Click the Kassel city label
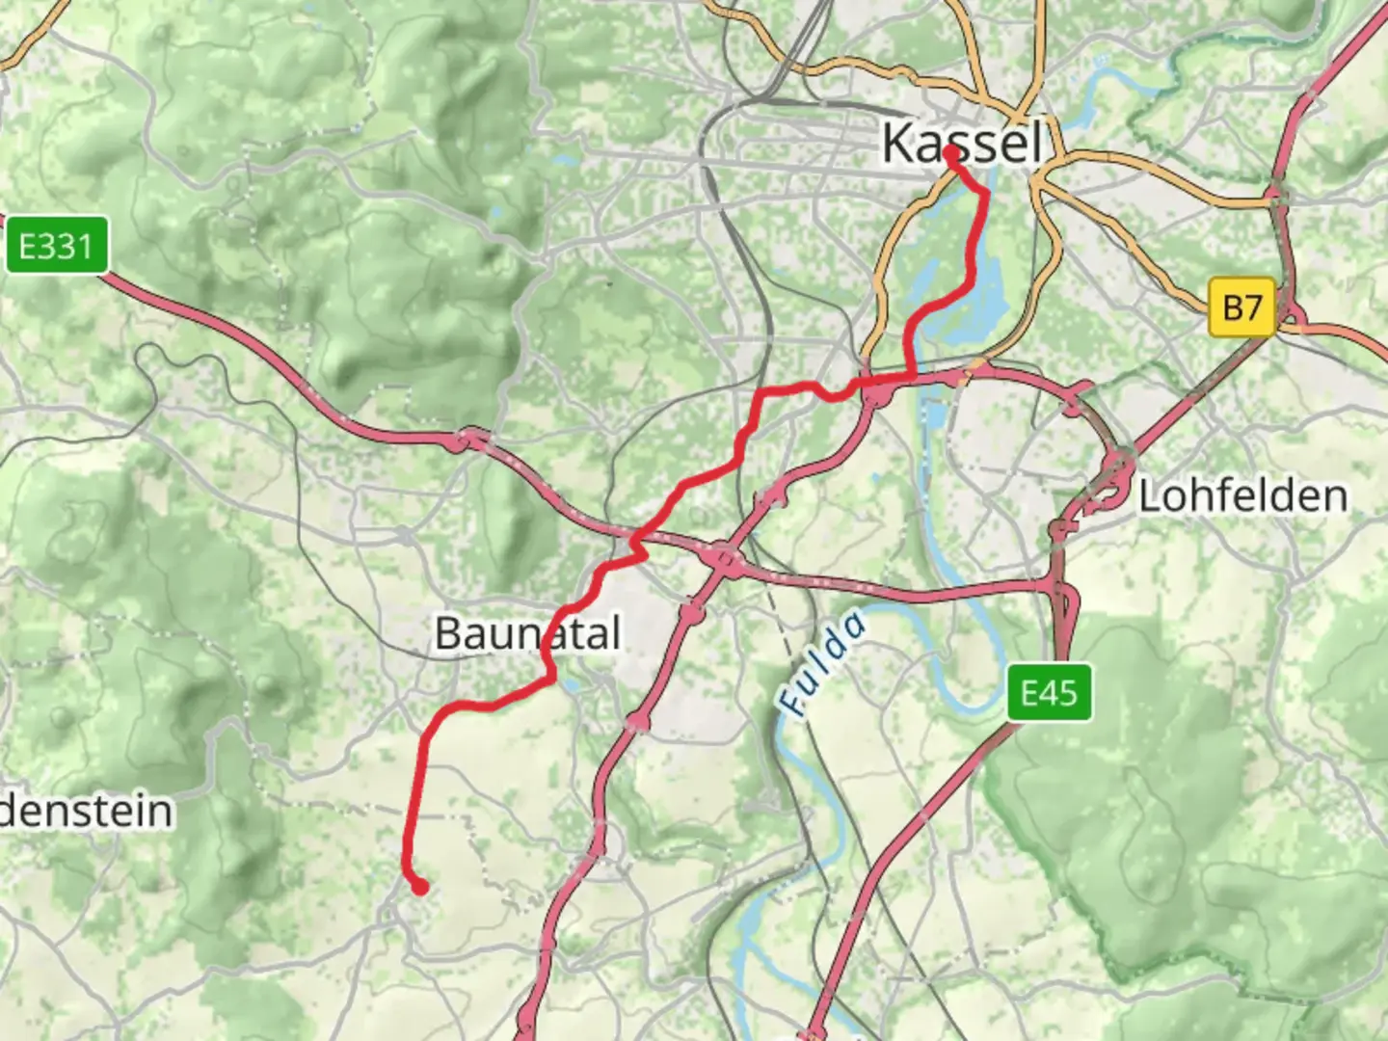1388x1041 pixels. point(962,144)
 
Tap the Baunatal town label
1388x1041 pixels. point(527,634)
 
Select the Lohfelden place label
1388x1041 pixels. point(1242,496)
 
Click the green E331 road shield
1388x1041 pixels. point(56,247)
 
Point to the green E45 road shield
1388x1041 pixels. point(1050,692)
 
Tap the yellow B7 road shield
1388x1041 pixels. point(1241,307)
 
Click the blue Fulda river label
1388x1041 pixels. point(822,664)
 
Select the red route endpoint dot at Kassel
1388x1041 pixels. point(951,152)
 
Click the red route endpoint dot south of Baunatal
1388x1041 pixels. point(420,887)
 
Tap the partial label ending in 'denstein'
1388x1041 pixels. point(87,812)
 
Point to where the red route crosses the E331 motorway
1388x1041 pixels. point(638,540)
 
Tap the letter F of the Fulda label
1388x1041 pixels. point(794,704)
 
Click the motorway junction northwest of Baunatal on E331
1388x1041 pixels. point(468,440)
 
